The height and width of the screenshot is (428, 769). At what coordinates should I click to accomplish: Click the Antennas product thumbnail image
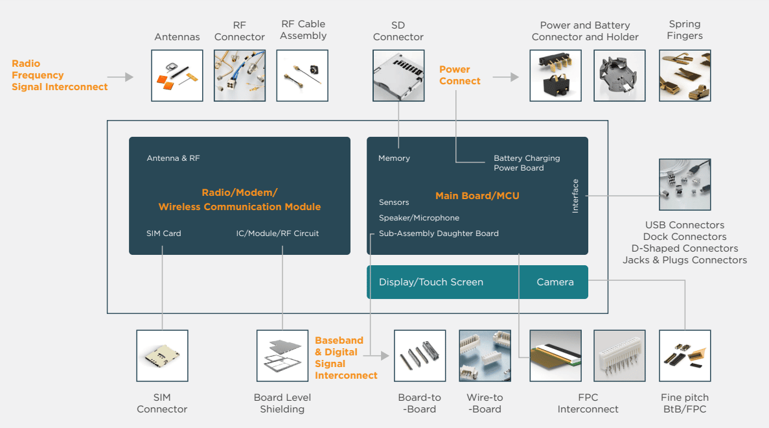(177, 75)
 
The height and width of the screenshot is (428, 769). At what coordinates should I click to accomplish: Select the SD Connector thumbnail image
(398, 75)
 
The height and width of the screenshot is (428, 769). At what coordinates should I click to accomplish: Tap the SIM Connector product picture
(162, 355)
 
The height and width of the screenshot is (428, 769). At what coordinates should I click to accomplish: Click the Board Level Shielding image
(282, 355)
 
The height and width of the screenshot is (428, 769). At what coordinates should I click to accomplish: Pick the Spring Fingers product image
(685, 75)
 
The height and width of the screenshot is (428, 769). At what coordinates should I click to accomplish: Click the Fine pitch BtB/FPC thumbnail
(685, 355)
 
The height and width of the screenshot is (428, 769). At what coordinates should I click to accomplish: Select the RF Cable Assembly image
(302, 75)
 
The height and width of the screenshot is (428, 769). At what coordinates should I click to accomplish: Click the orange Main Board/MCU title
(477, 196)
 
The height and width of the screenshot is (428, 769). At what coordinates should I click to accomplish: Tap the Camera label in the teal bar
(555, 282)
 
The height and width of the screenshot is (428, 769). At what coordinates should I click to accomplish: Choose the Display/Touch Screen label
(431, 282)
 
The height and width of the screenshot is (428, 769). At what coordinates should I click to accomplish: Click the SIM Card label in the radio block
(164, 233)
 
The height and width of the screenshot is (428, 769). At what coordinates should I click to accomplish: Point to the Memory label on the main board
(394, 158)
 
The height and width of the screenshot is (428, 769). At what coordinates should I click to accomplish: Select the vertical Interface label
(575, 196)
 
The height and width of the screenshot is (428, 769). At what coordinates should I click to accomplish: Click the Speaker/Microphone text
(419, 218)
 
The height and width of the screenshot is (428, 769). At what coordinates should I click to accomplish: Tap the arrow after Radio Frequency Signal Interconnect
(121, 77)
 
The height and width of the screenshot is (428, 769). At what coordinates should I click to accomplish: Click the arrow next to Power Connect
(506, 77)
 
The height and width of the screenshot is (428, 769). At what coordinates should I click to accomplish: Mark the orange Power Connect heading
(459, 75)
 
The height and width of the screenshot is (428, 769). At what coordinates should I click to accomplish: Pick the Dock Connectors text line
(685, 237)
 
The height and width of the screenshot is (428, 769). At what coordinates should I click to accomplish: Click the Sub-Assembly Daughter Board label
(439, 233)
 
